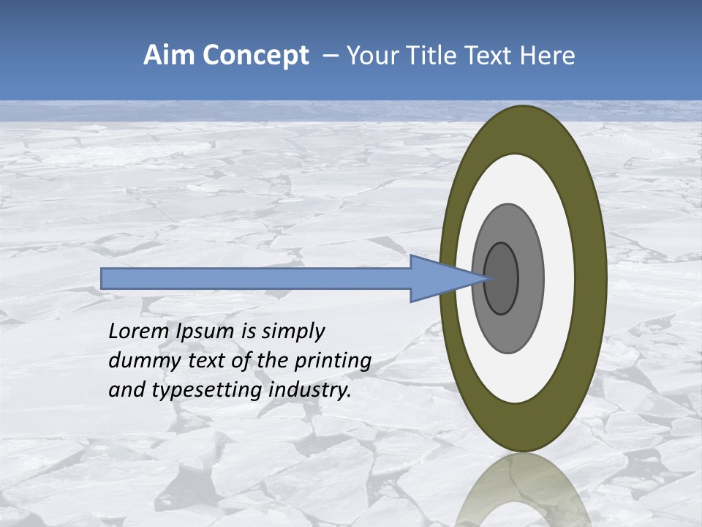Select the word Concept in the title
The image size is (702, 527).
coord(256,56)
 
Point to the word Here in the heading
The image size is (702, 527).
coord(548,56)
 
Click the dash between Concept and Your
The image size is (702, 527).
coord(331,56)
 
